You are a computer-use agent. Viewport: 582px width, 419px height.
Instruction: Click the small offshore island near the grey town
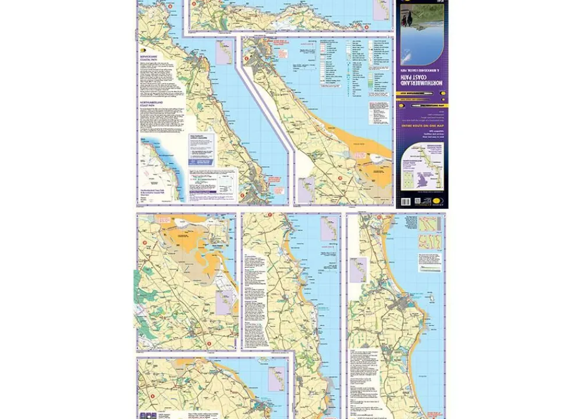pos(431,299)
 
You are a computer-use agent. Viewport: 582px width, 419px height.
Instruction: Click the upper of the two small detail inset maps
pos(429,223)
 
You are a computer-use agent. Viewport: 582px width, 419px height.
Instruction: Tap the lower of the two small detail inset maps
pos(429,241)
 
